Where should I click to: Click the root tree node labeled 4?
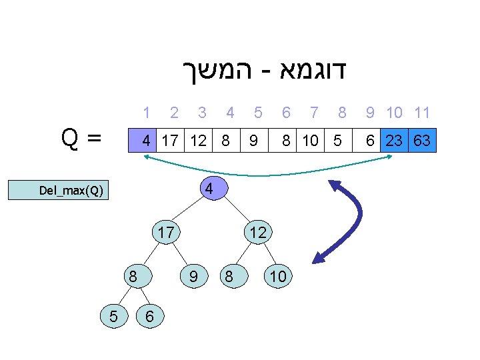click(x=209, y=189)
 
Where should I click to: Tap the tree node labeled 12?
click(x=257, y=233)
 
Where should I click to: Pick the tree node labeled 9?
click(x=193, y=275)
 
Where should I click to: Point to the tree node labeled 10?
click(x=279, y=275)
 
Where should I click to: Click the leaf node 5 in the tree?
click(x=114, y=317)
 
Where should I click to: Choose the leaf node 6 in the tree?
click(x=149, y=317)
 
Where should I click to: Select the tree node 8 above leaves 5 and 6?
click(x=133, y=275)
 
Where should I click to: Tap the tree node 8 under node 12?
click(x=229, y=275)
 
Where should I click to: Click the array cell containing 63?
click(x=421, y=141)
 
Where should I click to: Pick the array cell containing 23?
click(x=394, y=141)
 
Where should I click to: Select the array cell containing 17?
click(x=170, y=141)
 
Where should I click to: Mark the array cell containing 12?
click(x=198, y=141)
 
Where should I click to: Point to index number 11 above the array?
click(x=421, y=113)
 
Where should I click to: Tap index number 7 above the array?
click(x=313, y=113)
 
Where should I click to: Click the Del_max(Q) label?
click(x=71, y=191)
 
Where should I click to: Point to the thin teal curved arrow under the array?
click(x=267, y=175)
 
